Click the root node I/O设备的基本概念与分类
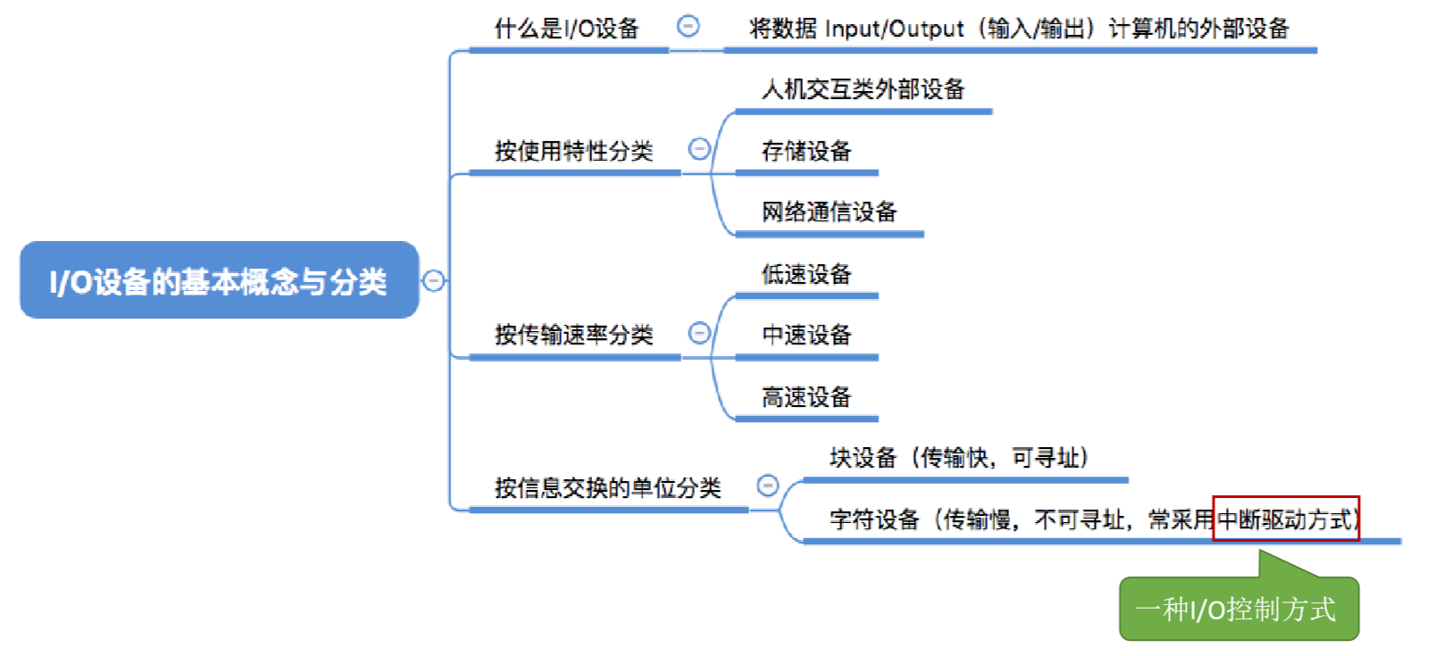pyautogui.click(x=219, y=280)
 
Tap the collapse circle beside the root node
pyautogui.click(x=434, y=280)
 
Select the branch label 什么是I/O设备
pyautogui.click(x=567, y=29)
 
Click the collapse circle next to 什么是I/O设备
pyautogui.click(x=688, y=26)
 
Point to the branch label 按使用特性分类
pyautogui.click(x=574, y=151)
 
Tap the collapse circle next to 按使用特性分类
pyautogui.click(x=699, y=149)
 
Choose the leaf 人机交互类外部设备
pyautogui.click(x=863, y=89)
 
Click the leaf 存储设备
pyautogui.click(x=806, y=151)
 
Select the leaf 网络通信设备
pyautogui.click(x=829, y=212)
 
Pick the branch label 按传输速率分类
pyautogui.click(x=574, y=335)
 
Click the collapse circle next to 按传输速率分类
pyautogui.click(x=699, y=333)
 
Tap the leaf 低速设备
pyautogui.click(x=806, y=274)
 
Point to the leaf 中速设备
pyautogui.click(x=806, y=335)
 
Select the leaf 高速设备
pyautogui.click(x=806, y=396)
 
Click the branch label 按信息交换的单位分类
pyautogui.click(x=608, y=487)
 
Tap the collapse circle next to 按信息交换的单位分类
pyautogui.click(x=767, y=486)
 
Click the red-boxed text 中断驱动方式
pyautogui.click(x=1286, y=519)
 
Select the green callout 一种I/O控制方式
pyautogui.click(x=1239, y=610)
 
